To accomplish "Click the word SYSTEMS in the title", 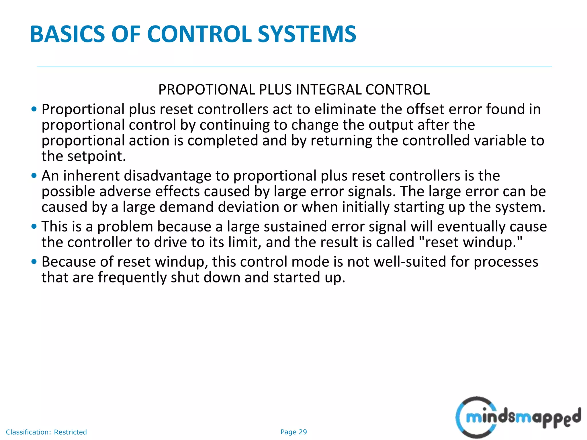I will click(x=307, y=34).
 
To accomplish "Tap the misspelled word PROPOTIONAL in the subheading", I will click(x=206, y=90).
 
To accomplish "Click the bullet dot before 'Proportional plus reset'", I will click(x=34, y=109).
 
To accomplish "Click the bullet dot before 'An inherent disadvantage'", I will click(x=34, y=176).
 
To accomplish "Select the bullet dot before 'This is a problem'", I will click(x=34, y=227).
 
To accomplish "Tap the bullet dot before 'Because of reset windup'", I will click(x=34, y=262).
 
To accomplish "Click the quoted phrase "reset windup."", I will click(x=471, y=242).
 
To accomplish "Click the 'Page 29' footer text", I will click(x=293, y=432).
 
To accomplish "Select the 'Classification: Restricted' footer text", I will click(x=46, y=432).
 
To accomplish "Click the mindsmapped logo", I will click(x=517, y=417).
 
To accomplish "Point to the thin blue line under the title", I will click(x=294, y=67).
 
